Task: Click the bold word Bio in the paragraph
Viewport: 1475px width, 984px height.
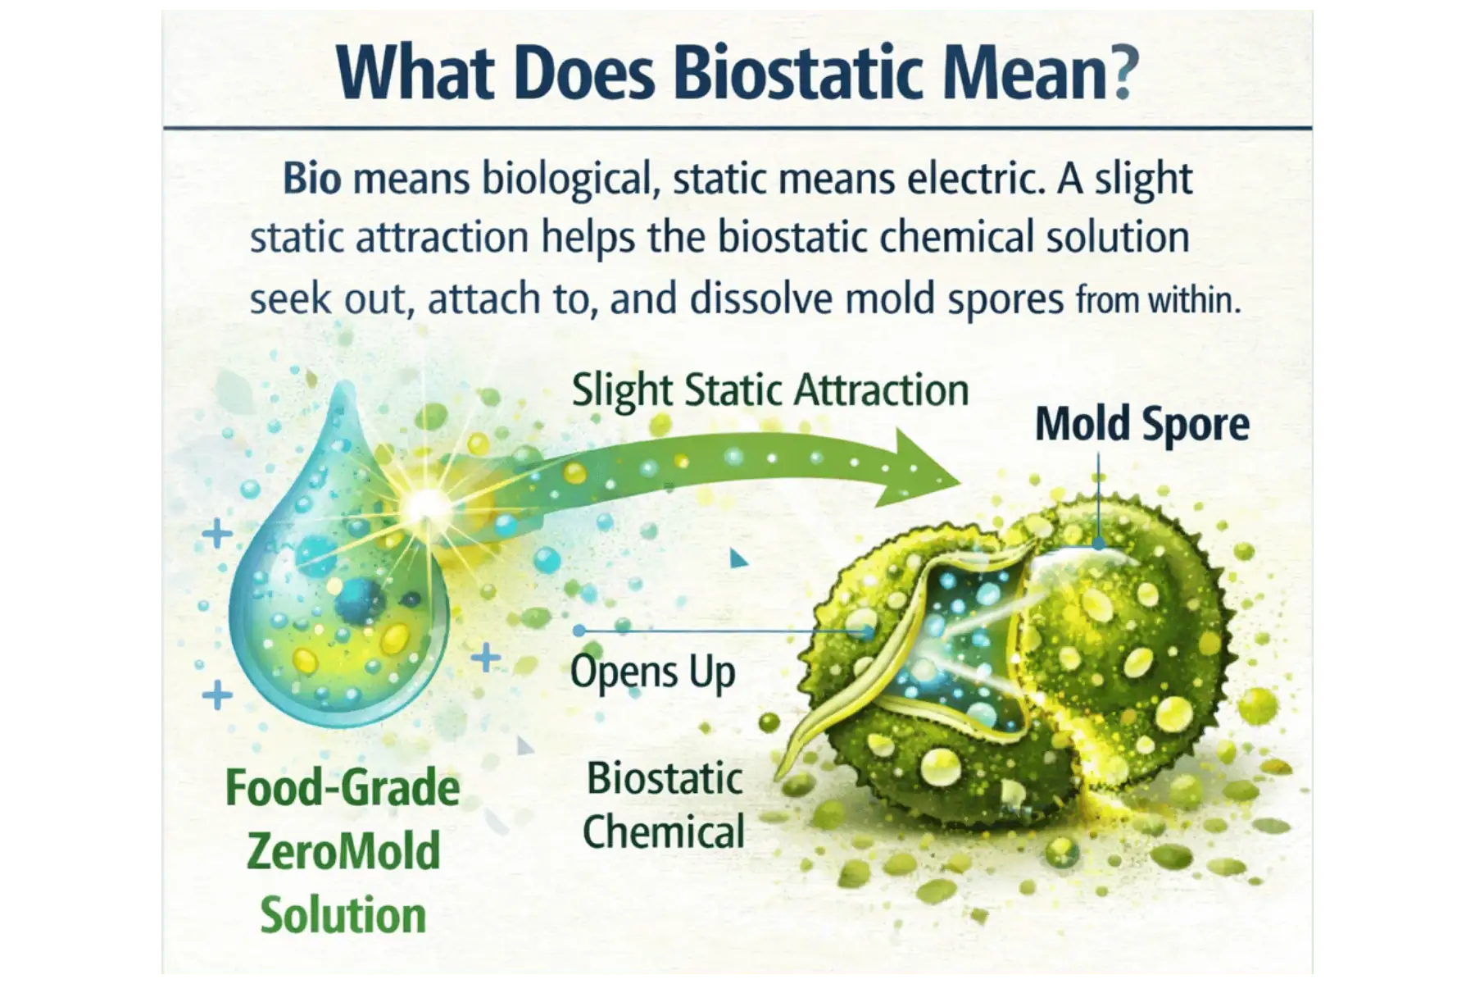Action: (312, 180)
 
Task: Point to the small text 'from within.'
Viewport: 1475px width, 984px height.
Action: (1157, 301)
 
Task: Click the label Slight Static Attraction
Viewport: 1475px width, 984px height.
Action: (769, 389)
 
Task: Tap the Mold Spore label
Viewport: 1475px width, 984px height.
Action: (1141, 425)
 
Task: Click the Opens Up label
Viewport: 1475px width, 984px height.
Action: (653, 672)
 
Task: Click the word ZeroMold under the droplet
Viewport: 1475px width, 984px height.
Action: (343, 851)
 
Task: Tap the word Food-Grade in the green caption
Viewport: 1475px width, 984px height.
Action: (343, 788)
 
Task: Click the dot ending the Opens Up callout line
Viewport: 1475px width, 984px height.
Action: (579, 631)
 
